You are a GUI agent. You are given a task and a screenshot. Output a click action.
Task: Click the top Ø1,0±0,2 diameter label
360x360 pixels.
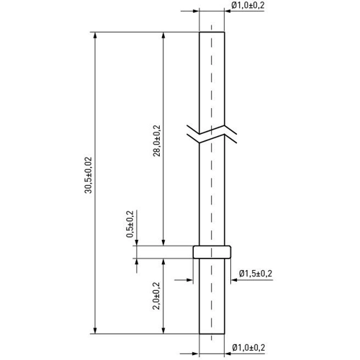(248, 5)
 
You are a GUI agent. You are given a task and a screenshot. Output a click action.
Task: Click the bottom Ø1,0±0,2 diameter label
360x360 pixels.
(248, 348)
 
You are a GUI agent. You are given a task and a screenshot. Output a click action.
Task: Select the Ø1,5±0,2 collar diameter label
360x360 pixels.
(256, 274)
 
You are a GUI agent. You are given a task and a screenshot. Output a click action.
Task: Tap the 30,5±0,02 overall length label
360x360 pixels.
(89, 175)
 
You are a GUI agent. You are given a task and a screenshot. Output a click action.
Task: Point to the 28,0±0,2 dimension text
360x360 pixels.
(157, 140)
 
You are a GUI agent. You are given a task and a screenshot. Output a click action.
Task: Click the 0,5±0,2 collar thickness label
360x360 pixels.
(130, 224)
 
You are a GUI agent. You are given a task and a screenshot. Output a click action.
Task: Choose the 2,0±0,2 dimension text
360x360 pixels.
(156, 296)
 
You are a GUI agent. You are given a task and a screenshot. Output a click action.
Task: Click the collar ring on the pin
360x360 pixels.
(212, 252)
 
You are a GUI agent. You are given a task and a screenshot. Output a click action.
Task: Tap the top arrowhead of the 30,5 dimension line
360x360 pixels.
(95, 35)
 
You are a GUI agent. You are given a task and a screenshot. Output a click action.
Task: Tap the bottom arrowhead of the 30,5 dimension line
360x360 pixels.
(95, 330)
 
